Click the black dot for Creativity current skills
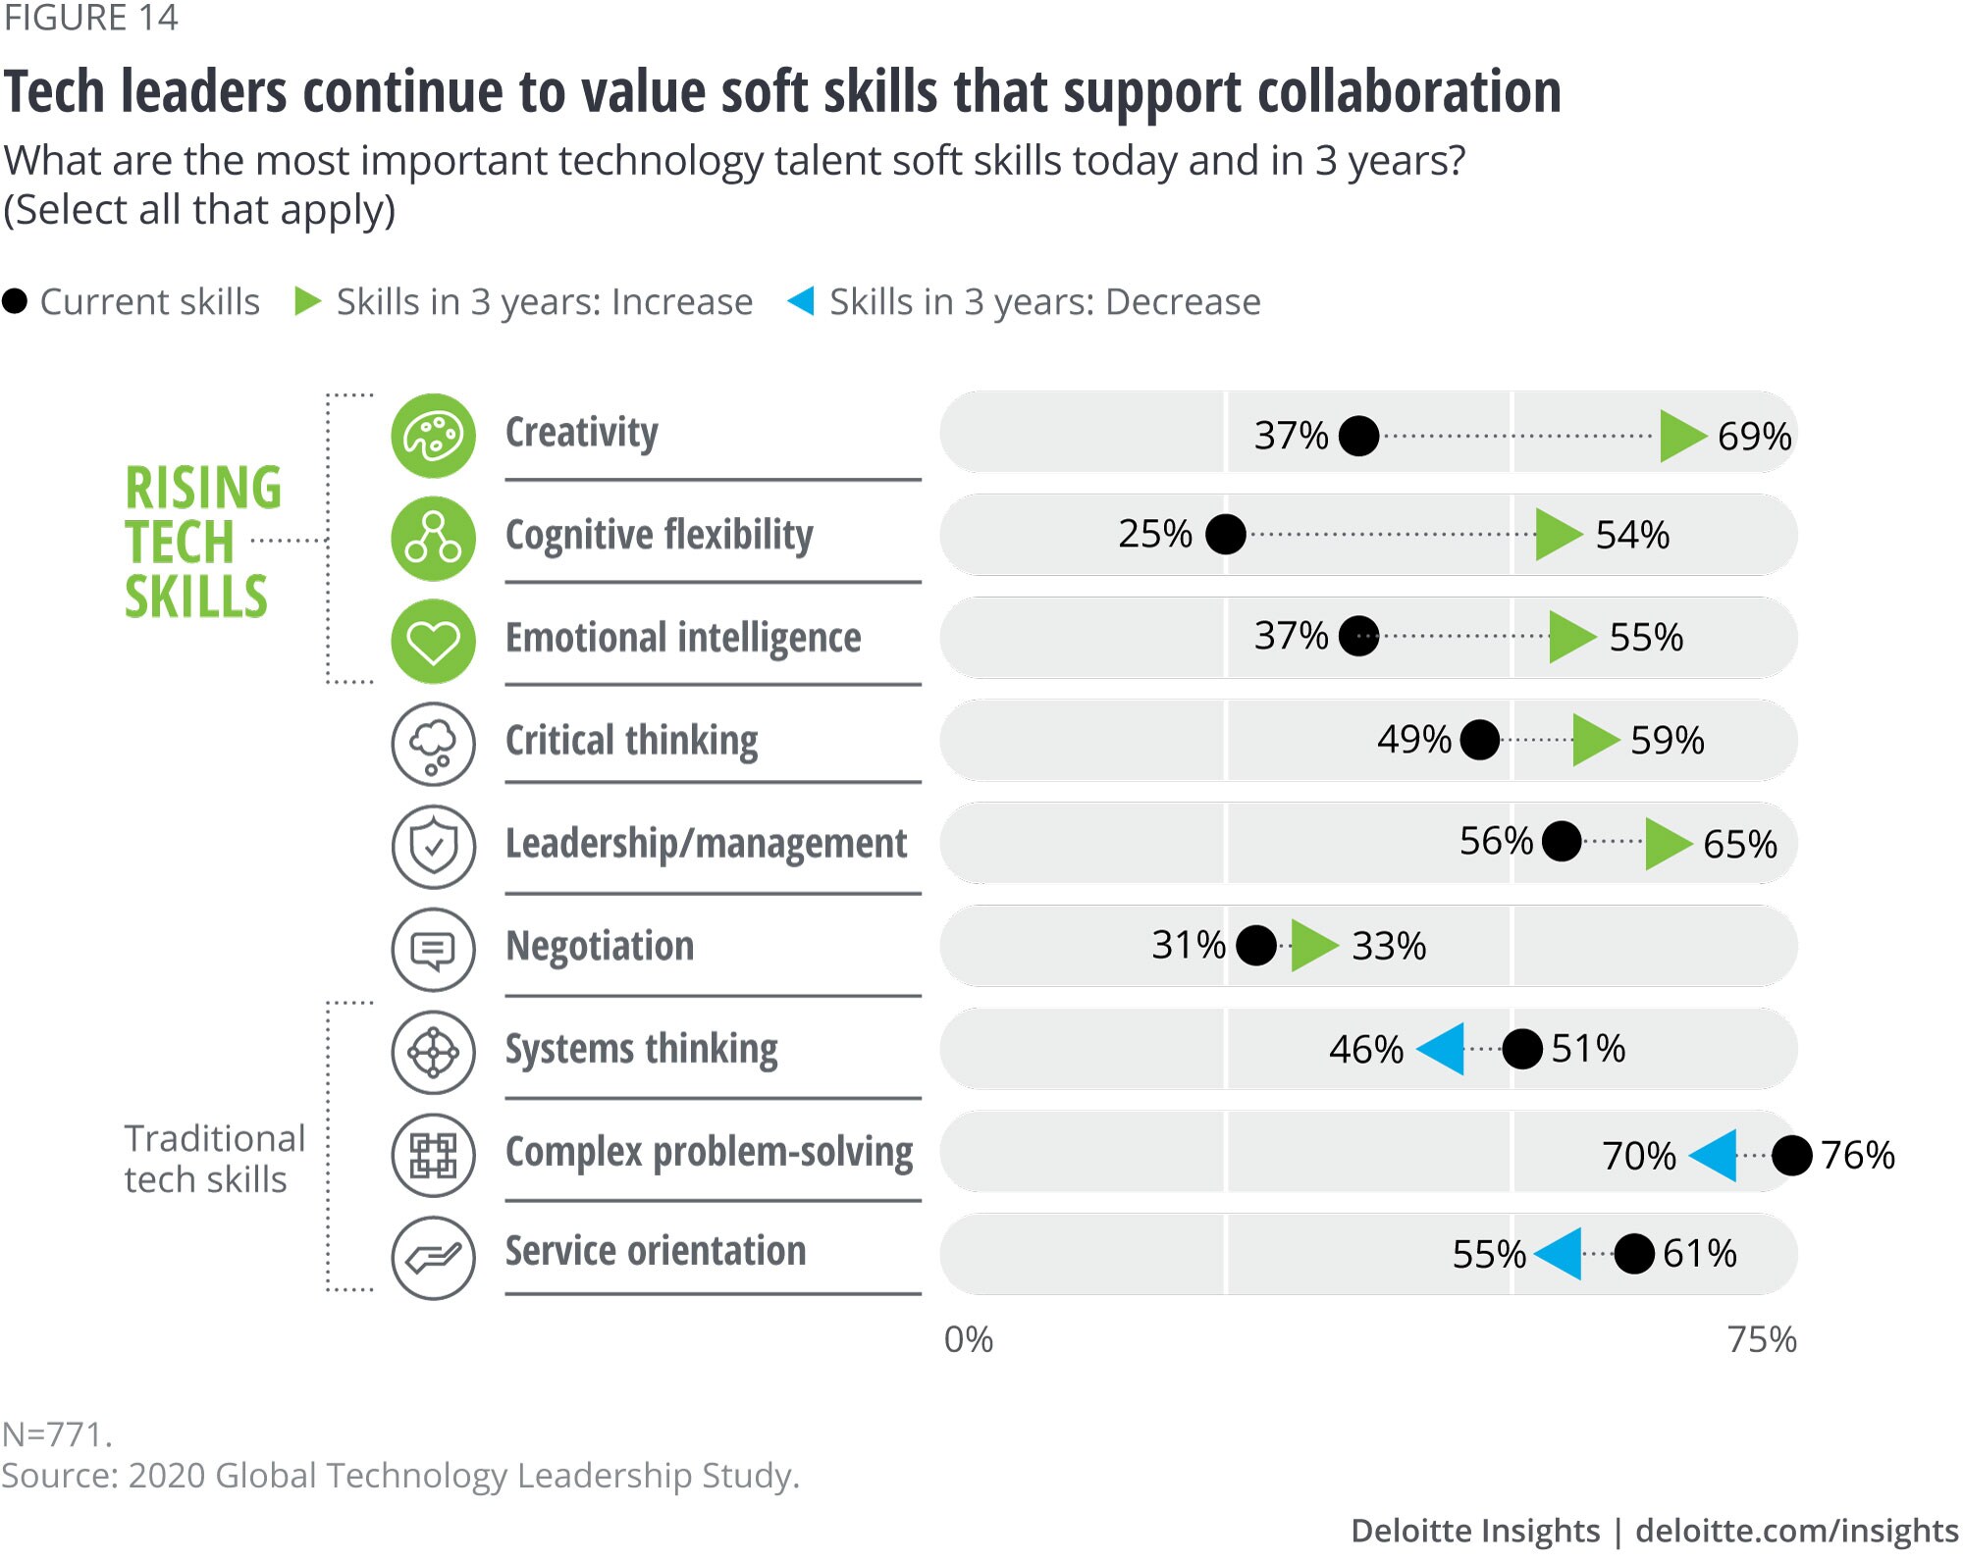[x=1358, y=436]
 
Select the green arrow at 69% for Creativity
[x=1681, y=436]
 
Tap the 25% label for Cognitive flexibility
[x=1155, y=535]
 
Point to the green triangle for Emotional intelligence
[x=1571, y=637]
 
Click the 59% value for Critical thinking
[x=1667, y=740]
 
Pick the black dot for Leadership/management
[x=1562, y=842]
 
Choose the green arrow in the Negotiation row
[x=1313, y=946]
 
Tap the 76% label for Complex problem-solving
[x=1857, y=1156]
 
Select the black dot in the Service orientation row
[x=1634, y=1254]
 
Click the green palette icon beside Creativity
[x=433, y=436]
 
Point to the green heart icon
[x=433, y=642]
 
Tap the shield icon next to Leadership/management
[x=433, y=847]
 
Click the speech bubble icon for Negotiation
[x=433, y=950]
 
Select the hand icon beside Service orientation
[x=433, y=1258]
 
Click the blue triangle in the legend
[x=801, y=301]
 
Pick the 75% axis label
[x=1762, y=1340]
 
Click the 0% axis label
[x=968, y=1340]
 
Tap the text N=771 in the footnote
[x=57, y=1435]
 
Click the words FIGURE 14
[x=90, y=19]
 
